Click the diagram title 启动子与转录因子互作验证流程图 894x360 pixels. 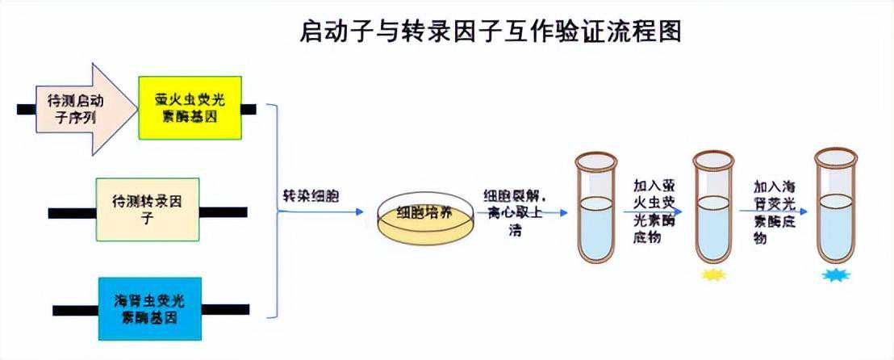coord(491,31)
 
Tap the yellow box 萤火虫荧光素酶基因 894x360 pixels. coord(190,108)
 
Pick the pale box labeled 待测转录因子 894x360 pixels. coord(147,209)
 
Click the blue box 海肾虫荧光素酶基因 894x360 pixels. coord(149,308)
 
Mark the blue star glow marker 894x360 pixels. coord(834,275)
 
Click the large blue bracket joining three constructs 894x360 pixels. coord(276,211)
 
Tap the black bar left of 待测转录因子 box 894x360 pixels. coord(72,213)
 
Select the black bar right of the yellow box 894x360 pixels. coord(249,108)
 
